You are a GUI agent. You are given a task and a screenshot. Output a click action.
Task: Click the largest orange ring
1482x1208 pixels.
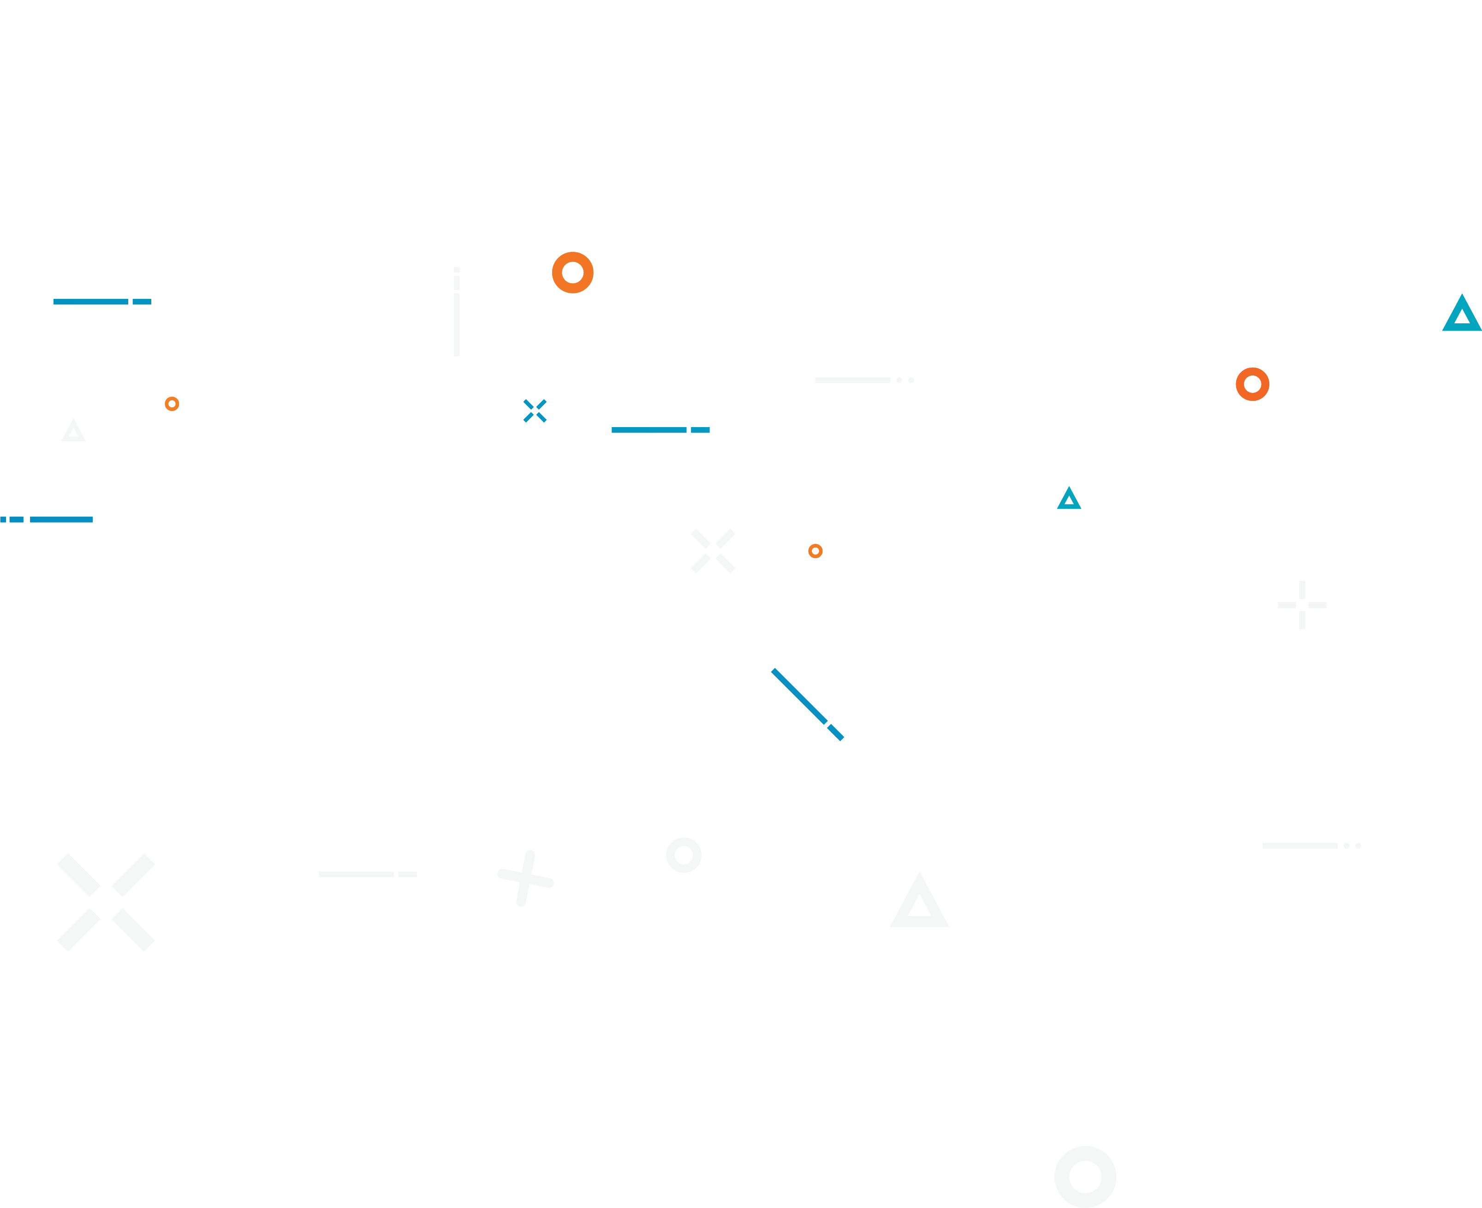(572, 272)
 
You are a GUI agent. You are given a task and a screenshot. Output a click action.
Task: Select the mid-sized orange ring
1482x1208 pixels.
(1252, 384)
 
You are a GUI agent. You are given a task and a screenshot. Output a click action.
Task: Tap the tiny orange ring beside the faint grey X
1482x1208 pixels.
(815, 551)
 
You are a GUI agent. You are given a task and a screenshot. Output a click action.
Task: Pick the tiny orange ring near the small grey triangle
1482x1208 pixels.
(172, 404)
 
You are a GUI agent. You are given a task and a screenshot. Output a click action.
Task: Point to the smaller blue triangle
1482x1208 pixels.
(1069, 500)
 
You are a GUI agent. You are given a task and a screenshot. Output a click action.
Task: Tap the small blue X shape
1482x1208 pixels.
(534, 411)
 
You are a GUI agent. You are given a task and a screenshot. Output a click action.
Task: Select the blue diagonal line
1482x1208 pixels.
(807, 704)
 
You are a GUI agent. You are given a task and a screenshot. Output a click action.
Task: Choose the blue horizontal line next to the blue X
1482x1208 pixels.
(660, 430)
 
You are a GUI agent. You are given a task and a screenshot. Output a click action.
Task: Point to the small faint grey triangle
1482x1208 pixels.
(73, 431)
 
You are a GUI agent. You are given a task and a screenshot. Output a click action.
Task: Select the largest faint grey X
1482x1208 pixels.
(106, 902)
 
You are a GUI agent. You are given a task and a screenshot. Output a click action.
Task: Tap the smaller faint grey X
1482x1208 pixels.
(713, 551)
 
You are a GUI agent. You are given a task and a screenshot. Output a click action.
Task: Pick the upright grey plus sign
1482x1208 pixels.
(1302, 605)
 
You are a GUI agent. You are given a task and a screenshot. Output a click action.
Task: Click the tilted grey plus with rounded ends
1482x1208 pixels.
(525, 878)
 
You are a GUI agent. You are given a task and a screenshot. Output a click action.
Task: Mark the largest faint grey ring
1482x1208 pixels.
(1085, 1177)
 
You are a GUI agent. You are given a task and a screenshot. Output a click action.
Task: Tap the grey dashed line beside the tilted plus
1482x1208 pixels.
(367, 874)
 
